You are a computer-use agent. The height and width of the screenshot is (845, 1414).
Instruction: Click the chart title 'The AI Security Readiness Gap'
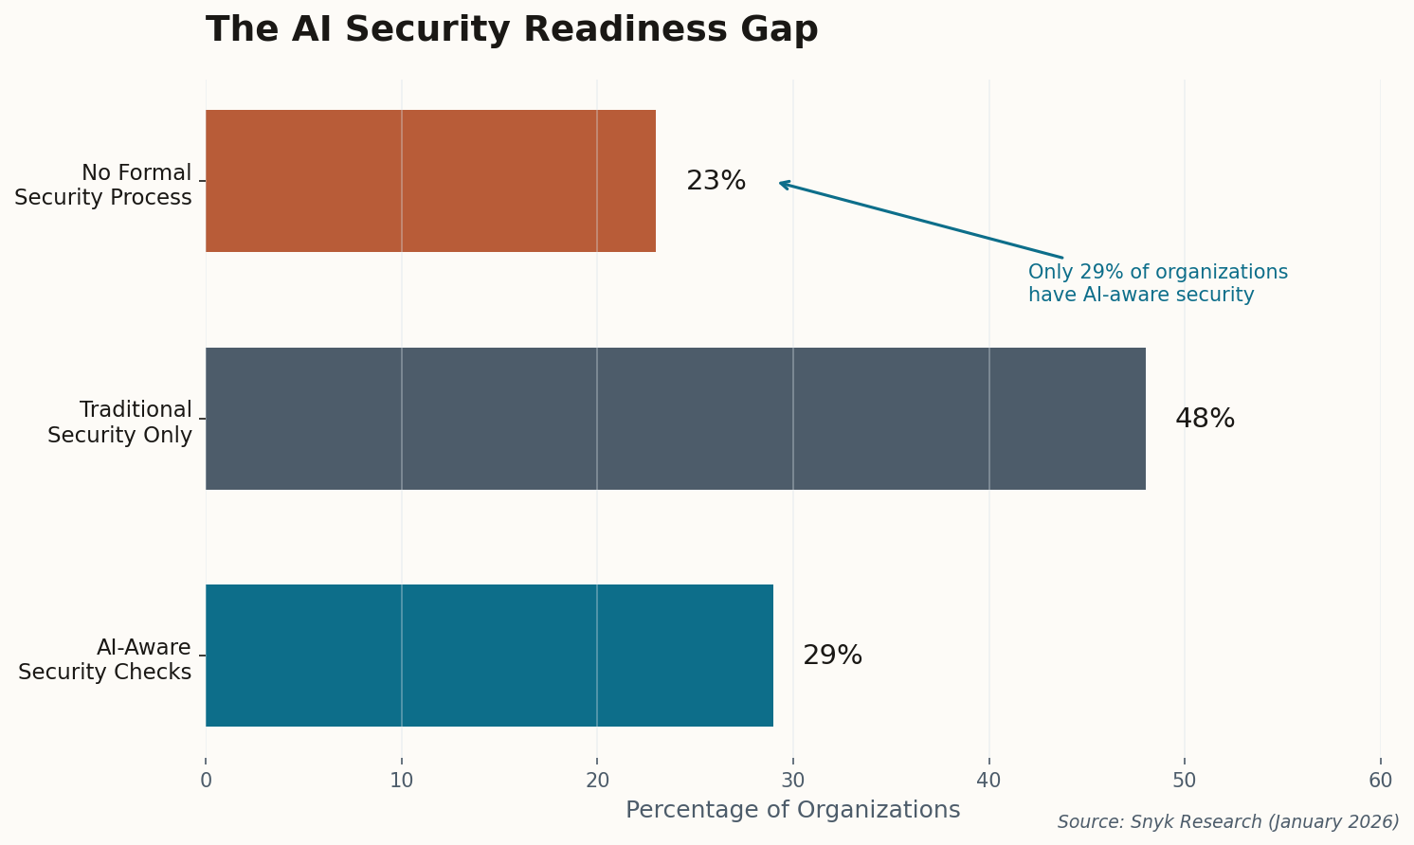coord(512,30)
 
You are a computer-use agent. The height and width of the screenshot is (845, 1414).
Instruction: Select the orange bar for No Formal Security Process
coord(430,181)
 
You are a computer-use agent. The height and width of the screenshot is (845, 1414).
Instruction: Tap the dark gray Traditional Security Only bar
coord(675,419)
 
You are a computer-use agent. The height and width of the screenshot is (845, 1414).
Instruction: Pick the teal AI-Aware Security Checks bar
coord(489,656)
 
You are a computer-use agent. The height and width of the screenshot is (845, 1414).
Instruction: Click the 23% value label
coord(716,181)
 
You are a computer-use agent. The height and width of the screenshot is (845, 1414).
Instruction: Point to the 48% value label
coord(1205,419)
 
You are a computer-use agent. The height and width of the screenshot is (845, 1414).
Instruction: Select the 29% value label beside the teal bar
coord(832,656)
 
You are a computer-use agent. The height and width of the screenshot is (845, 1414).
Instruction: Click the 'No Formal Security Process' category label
coord(103,186)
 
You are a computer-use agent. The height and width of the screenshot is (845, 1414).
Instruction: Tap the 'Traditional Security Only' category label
coord(119,422)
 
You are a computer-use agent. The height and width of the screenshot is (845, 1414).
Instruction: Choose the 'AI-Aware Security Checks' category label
coord(105,659)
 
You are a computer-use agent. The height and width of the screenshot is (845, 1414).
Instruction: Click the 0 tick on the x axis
coord(206,781)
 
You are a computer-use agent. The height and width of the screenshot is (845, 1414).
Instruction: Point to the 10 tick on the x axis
coord(402,781)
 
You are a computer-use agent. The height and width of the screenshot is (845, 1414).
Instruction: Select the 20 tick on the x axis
coord(597,781)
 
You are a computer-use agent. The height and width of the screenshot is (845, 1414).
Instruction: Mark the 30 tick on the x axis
coord(793,781)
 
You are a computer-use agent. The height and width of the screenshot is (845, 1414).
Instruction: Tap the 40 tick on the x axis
coord(989,781)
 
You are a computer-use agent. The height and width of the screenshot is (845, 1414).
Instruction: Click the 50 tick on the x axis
coord(1185,781)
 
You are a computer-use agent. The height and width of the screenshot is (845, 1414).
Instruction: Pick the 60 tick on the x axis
coord(1381,781)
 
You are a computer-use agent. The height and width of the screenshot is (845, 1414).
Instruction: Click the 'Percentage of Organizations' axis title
coord(792,811)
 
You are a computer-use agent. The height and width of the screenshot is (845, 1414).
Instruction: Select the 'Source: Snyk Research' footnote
coord(1228,822)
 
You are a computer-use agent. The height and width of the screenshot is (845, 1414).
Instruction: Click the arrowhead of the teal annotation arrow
coord(782,183)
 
